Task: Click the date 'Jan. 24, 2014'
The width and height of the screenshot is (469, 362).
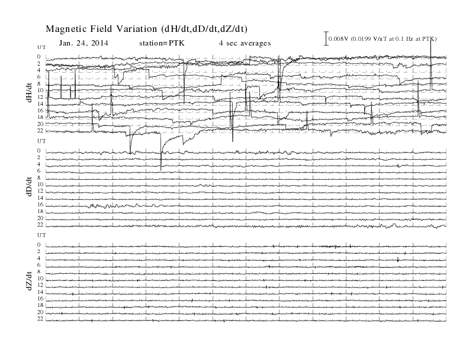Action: point(83,43)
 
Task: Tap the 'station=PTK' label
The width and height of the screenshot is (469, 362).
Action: point(162,43)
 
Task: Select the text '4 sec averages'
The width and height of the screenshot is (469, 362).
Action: point(245,43)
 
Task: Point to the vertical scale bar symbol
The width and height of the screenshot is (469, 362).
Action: point(326,38)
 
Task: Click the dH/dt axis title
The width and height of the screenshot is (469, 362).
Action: point(29,93)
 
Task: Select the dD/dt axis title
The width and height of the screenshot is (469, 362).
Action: point(29,187)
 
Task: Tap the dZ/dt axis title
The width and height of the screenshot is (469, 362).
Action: point(29,281)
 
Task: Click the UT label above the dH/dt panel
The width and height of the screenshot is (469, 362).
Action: point(41,47)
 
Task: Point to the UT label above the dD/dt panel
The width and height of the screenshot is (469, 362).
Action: point(41,141)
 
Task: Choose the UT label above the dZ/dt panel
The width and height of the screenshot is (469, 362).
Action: point(41,235)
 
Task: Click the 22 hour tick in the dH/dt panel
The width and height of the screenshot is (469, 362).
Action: point(40,131)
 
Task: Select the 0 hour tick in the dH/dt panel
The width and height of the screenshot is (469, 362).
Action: point(39,56)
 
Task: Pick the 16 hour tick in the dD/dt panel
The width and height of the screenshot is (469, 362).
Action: point(40,205)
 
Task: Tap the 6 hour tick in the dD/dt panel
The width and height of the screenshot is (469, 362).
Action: point(39,171)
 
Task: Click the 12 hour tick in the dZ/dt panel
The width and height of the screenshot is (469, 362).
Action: point(40,285)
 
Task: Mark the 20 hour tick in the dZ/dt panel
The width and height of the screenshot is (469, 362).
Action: point(40,312)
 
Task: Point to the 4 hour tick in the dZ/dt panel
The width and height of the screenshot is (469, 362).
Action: point(39,258)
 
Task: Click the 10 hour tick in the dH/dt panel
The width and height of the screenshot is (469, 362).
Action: point(40,90)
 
